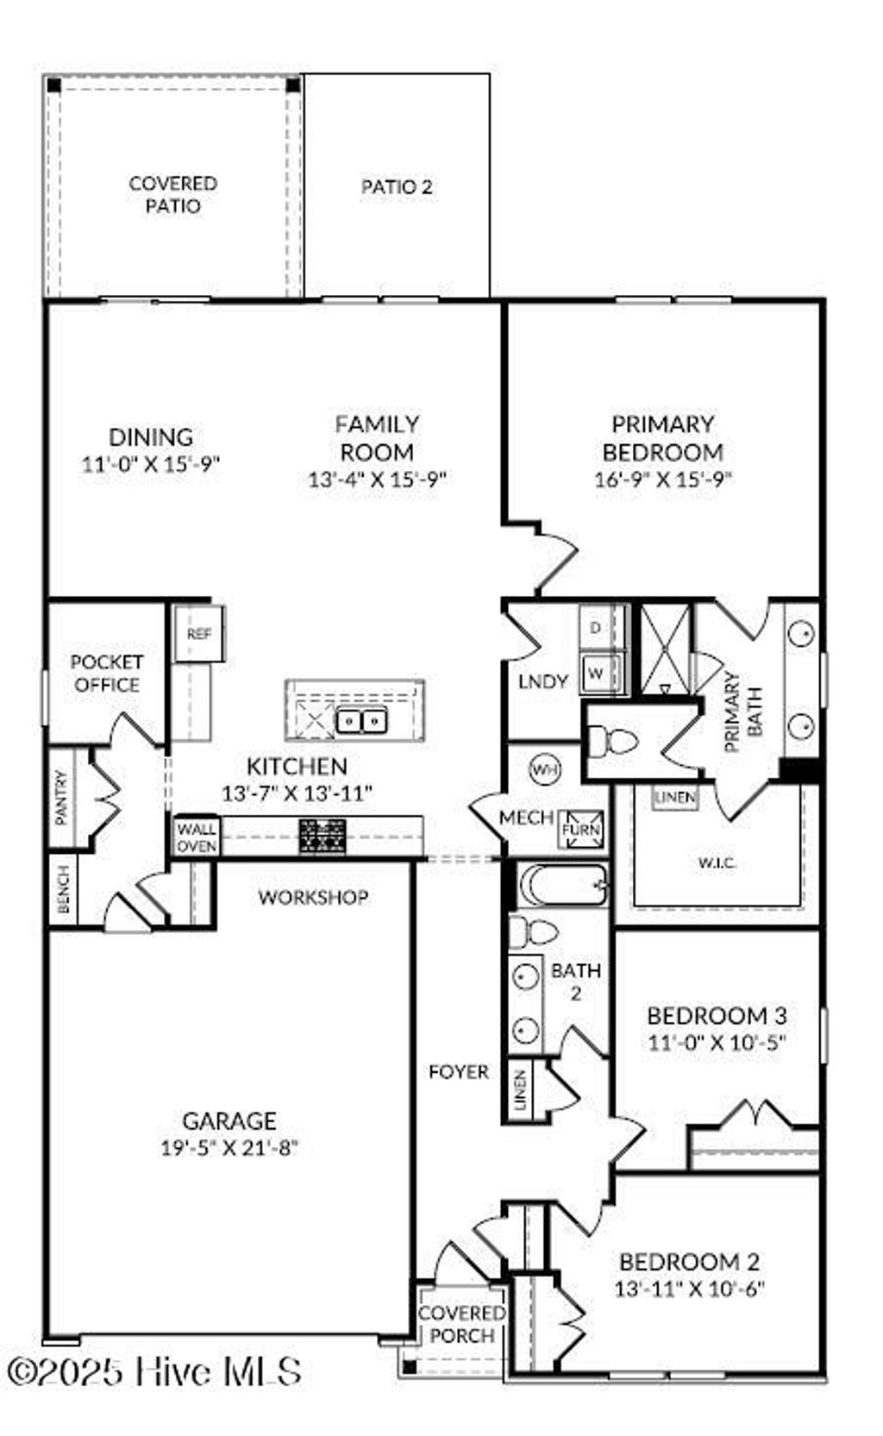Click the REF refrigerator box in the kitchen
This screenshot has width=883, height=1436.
[x=198, y=634]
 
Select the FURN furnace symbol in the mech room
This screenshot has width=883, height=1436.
[x=579, y=830]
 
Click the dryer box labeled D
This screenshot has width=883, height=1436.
[x=595, y=628]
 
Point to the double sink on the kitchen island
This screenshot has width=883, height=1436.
[x=361, y=719]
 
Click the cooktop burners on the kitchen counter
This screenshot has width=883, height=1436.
[x=323, y=836]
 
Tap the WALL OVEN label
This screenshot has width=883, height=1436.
[x=197, y=837]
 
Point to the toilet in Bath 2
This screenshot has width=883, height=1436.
[x=534, y=931]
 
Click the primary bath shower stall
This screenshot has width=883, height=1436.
[x=664, y=647]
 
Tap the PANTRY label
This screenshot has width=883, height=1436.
[x=61, y=798]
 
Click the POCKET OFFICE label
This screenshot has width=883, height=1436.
[x=106, y=674]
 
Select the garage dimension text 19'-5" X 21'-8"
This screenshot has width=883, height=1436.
[x=229, y=1148]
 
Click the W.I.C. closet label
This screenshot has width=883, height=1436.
[x=717, y=862]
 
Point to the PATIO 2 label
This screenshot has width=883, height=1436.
[x=397, y=186]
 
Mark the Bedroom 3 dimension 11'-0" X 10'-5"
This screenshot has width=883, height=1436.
[x=717, y=1042]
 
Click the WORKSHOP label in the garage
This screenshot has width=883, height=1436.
[x=313, y=897]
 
